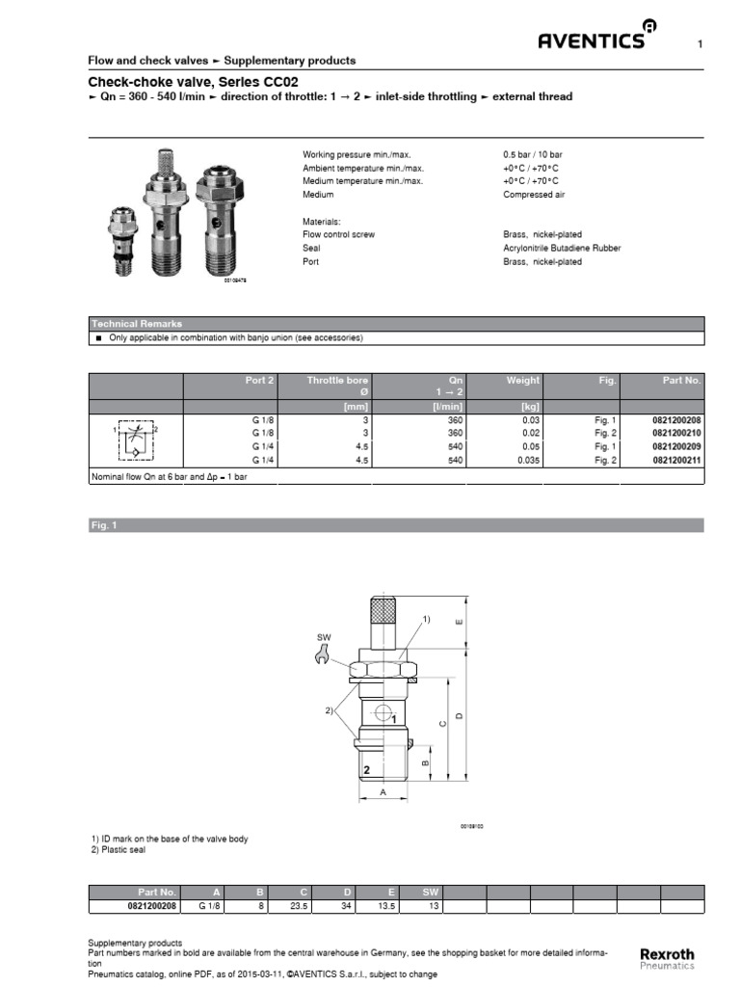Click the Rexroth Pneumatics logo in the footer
(x=666, y=958)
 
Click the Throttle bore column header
(x=337, y=381)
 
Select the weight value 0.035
(x=527, y=461)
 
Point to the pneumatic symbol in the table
(x=136, y=440)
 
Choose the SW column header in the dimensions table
(x=431, y=893)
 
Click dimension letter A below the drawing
(x=383, y=791)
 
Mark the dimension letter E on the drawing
(x=459, y=622)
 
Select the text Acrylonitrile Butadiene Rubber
(x=562, y=248)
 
